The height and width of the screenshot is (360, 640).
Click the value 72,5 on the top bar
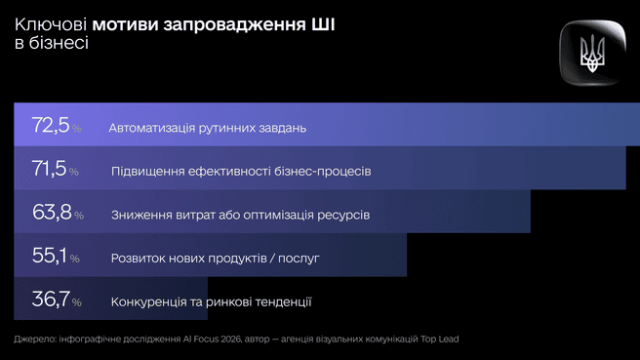(x=49, y=126)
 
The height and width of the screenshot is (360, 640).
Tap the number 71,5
(x=48, y=169)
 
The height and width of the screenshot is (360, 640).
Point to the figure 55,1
(x=48, y=256)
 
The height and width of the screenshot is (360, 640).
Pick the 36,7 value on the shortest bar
(x=50, y=299)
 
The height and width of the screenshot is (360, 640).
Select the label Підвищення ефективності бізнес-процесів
(x=241, y=172)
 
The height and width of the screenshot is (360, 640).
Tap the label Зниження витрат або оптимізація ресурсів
(x=240, y=215)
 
